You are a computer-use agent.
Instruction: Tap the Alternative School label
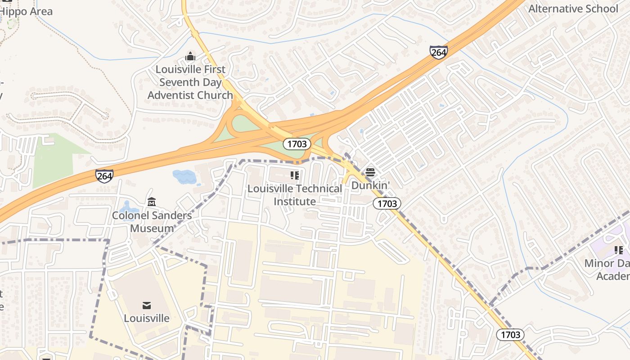click(x=573, y=9)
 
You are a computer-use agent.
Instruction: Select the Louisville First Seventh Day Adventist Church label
click(x=190, y=82)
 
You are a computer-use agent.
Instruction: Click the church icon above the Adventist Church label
click(x=190, y=57)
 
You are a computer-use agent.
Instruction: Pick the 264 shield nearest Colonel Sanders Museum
click(x=104, y=175)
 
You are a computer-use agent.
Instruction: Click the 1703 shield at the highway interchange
click(x=297, y=144)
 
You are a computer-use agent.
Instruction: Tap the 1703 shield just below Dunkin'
click(x=387, y=203)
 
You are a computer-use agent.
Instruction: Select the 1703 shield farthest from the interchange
click(x=510, y=334)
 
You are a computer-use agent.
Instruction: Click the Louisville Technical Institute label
click(x=295, y=195)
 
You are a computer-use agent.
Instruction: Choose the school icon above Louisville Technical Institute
click(x=295, y=175)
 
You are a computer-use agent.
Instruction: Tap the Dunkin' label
click(x=370, y=185)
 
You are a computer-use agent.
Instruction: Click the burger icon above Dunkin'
click(x=370, y=172)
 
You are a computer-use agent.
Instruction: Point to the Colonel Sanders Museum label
click(x=152, y=221)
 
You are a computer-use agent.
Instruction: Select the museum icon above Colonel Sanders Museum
click(x=152, y=202)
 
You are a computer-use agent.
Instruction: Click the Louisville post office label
click(x=147, y=318)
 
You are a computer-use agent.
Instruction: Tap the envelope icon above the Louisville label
click(x=147, y=306)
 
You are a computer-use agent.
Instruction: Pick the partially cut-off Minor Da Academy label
click(x=607, y=269)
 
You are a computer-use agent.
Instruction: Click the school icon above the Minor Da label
click(x=619, y=250)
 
